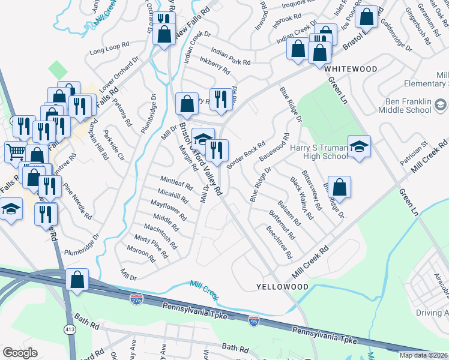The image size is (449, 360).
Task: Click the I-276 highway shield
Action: (137, 298)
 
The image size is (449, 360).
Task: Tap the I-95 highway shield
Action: (254, 320)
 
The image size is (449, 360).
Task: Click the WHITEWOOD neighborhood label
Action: (351, 70)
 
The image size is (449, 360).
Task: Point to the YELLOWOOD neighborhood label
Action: (282, 287)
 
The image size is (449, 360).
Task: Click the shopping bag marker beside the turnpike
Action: (77, 279)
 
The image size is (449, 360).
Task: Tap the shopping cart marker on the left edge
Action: (16, 152)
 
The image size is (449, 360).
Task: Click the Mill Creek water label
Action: (204, 290)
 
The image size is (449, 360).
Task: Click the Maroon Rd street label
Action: (140, 255)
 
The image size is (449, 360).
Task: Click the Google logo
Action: (20, 353)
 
